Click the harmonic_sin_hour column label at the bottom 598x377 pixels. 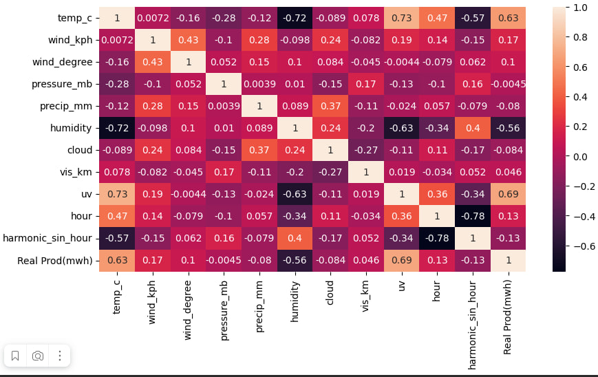click(472, 324)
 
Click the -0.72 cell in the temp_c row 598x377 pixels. click(295, 18)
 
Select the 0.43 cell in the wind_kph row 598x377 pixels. click(188, 40)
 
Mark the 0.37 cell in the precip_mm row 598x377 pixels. click(330, 106)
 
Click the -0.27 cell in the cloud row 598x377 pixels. click(366, 150)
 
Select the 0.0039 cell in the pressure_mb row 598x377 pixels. click(259, 84)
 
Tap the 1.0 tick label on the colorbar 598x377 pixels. click(579, 8)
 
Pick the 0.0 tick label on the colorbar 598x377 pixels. click(579, 157)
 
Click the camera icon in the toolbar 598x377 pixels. click(38, 356)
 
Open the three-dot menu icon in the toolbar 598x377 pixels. click(60, 356)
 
